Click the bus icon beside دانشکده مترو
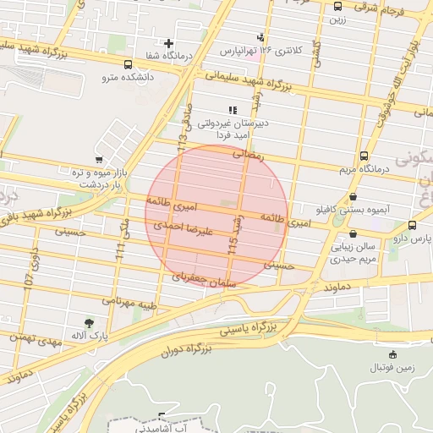point(128,64)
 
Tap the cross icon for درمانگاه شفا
point(169,43)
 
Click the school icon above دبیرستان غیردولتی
point(233,110)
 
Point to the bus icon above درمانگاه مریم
point(364,156)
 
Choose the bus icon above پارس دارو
point(412,225)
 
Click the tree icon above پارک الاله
point(89,322)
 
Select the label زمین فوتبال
point(392,369)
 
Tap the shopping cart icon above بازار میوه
point(100,159)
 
